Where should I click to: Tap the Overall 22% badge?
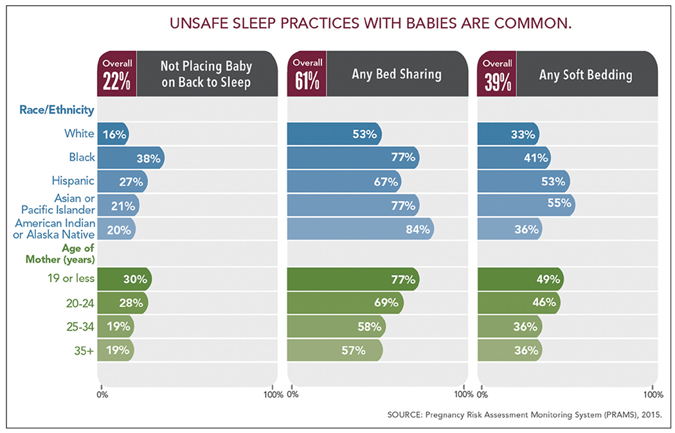pyautogui.click(x=116, y=74)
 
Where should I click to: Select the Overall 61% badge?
pyautogui.click(x=307, y=74)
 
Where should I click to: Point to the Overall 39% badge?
pyautogui.click(x=497, y=74)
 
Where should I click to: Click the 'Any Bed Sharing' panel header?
pyautogui.click(x=396, y=74)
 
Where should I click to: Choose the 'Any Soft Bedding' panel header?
pyautogui.click(x=586, y=75)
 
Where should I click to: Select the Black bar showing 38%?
pyautogui.click(x=130, y=157)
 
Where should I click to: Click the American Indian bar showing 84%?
pyautogui.click(x=360, y=229)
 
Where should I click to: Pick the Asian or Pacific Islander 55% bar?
pyautogui.click(x=526, y=205)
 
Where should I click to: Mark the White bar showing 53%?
pyautogui.click(x=334, y=134)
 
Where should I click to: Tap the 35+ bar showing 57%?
pyautogui.click(x=334, y=350)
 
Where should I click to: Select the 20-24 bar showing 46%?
pyautogui.click(x=518, y=303)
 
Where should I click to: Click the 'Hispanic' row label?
pyautogui.click(x=73, y=181)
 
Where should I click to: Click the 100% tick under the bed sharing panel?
pyautogui.click(x=463, y=394)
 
